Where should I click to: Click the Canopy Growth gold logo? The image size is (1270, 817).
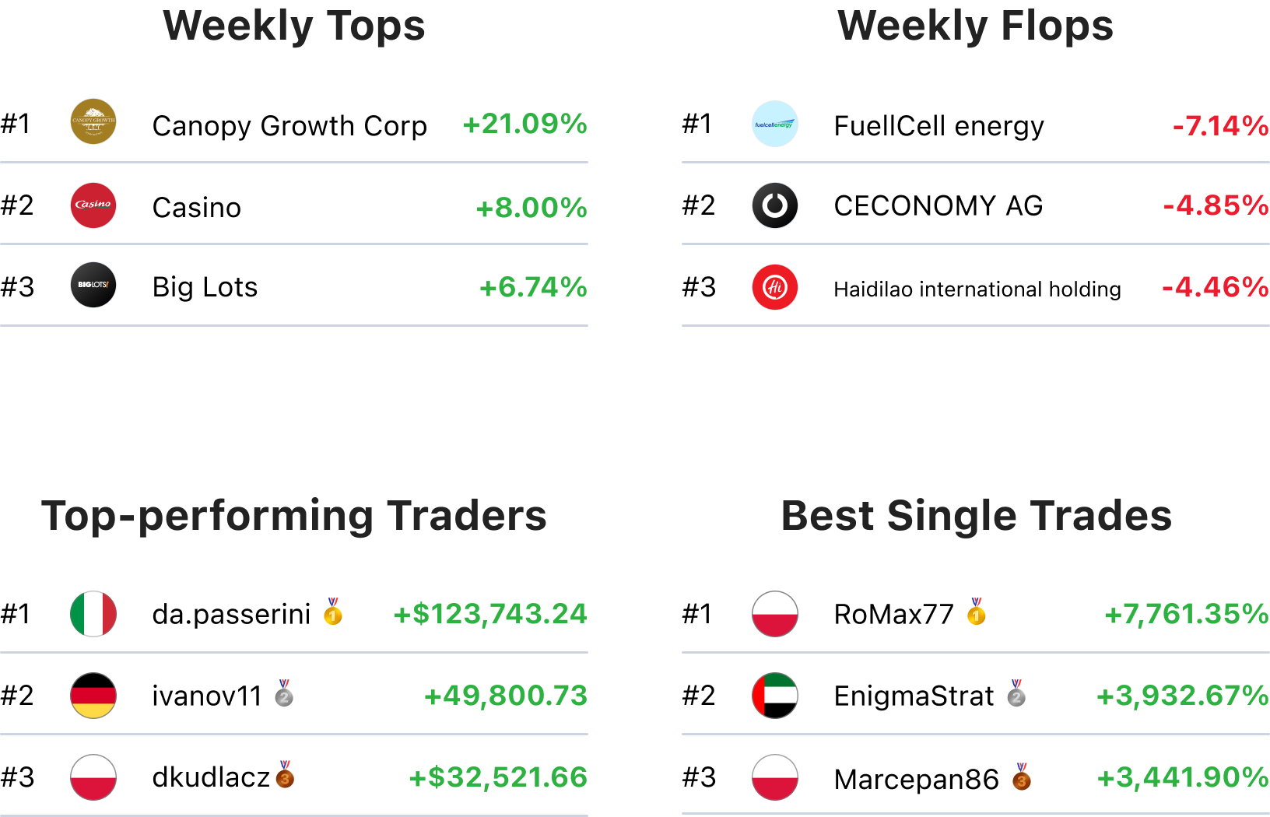click(93, 121)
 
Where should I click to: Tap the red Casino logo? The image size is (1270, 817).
click(93, 205)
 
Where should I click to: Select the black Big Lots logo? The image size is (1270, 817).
click(93, 285)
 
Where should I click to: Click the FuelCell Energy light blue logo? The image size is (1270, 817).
click(775, 124)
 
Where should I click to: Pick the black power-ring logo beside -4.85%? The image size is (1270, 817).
click(775, 205)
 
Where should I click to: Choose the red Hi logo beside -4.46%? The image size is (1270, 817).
click(775, 287)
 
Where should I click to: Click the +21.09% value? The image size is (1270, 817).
click(524, 124)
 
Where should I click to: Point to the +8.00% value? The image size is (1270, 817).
click(532, 208)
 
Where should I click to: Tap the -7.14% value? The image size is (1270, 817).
click(1220, 125)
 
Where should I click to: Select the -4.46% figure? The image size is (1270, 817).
click(1215, 287)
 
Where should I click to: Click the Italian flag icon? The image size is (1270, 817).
click(93, 614)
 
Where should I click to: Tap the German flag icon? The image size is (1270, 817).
click(93, 696)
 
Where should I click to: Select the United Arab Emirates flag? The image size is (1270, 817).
click(775, 696)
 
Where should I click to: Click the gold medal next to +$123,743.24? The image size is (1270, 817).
click(333, 612)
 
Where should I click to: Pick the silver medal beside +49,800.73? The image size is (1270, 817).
click(284, 693)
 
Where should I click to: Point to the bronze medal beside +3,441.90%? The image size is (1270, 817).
click(1022, 777)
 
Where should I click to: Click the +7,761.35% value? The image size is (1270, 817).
click(1186, 614)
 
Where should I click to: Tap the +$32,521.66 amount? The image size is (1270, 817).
click(498, 777)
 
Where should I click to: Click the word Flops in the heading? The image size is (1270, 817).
click(1057, 26)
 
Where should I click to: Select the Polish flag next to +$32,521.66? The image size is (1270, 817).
click(93, 777)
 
